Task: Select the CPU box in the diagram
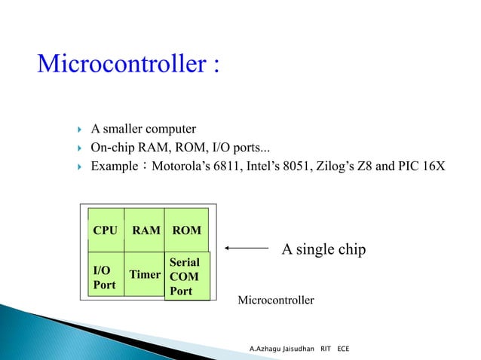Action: (106, 230)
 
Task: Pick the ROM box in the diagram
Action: (186, 230)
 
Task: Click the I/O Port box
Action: (106, 276)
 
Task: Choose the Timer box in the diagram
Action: (145, 275)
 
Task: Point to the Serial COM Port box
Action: (185, 276)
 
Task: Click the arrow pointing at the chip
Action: (247, 248)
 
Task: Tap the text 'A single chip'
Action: (323, 249)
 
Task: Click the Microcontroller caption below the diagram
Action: (275, 301)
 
